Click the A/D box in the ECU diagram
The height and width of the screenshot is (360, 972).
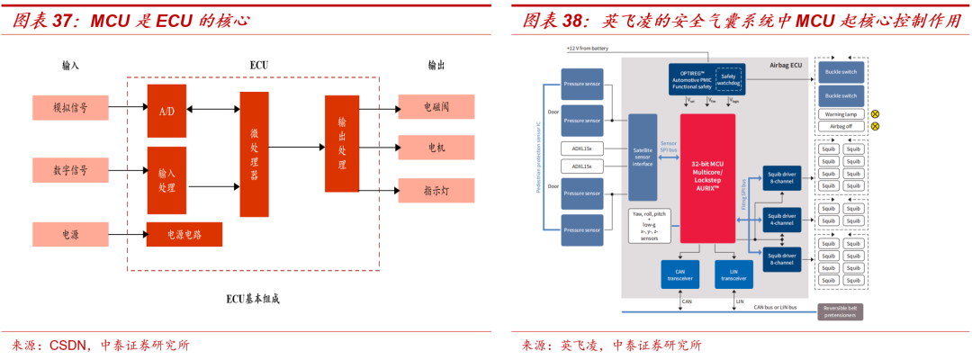click(166, 111)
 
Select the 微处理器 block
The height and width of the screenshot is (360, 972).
click(254, 154)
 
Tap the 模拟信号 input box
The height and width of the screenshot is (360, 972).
click(70, 108)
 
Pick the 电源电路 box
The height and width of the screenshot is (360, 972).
click(184, 234)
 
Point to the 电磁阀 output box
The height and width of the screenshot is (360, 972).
click(436, 107)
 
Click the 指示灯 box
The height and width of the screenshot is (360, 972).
click(436, 191)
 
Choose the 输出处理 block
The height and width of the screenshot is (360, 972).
click(342, 143)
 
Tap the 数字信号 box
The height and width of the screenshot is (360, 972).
click(70, 169)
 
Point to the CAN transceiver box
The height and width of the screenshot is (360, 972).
click(679, 274)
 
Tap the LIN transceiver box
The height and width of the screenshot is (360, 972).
click(733, 274)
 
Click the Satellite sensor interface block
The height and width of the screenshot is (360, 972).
click(643, 157)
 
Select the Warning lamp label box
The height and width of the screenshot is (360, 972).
click(841, 114)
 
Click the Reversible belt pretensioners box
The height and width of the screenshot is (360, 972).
click(841, 311)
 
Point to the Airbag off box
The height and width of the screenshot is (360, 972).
click(841, 126)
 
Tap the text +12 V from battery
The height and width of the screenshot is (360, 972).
click(588, 48)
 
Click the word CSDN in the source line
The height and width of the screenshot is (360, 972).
click(69, 345)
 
